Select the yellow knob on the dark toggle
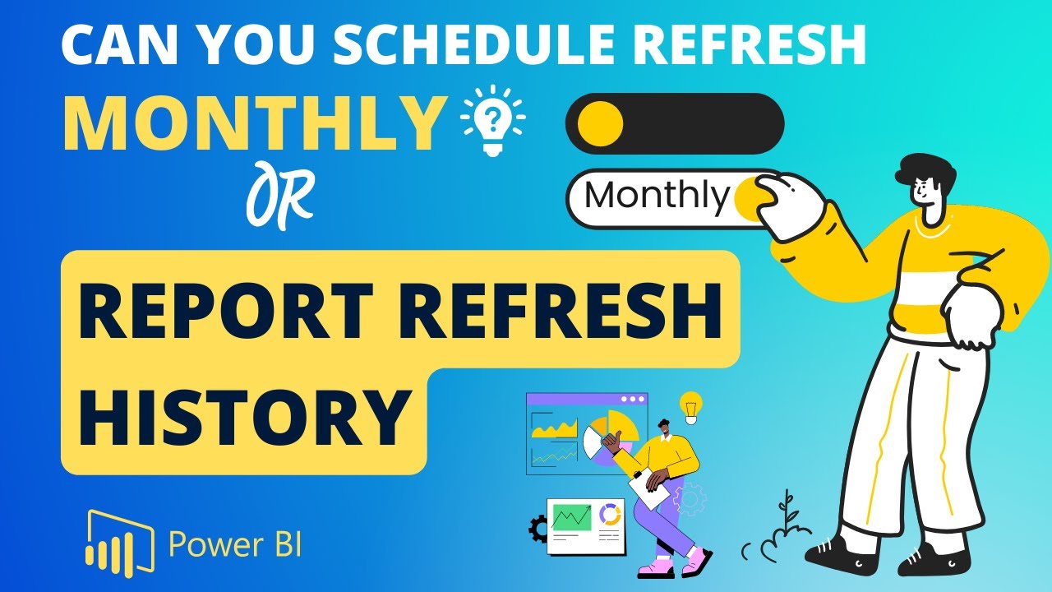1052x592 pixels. pyautogui.click(x=600, y=123)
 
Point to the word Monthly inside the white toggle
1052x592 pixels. pyautogui.click(x=657, y=196)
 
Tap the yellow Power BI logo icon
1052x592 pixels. pyautogui.click(x=120, y=540)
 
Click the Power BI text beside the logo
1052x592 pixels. pyautogui.click(x=235, y=543)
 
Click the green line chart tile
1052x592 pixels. pyautogui.click(x=571, y=517)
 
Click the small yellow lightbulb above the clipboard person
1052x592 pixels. pyautogui.click(x=690, y=406)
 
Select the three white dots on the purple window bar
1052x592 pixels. pyautogui.click(x=633, y=399)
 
